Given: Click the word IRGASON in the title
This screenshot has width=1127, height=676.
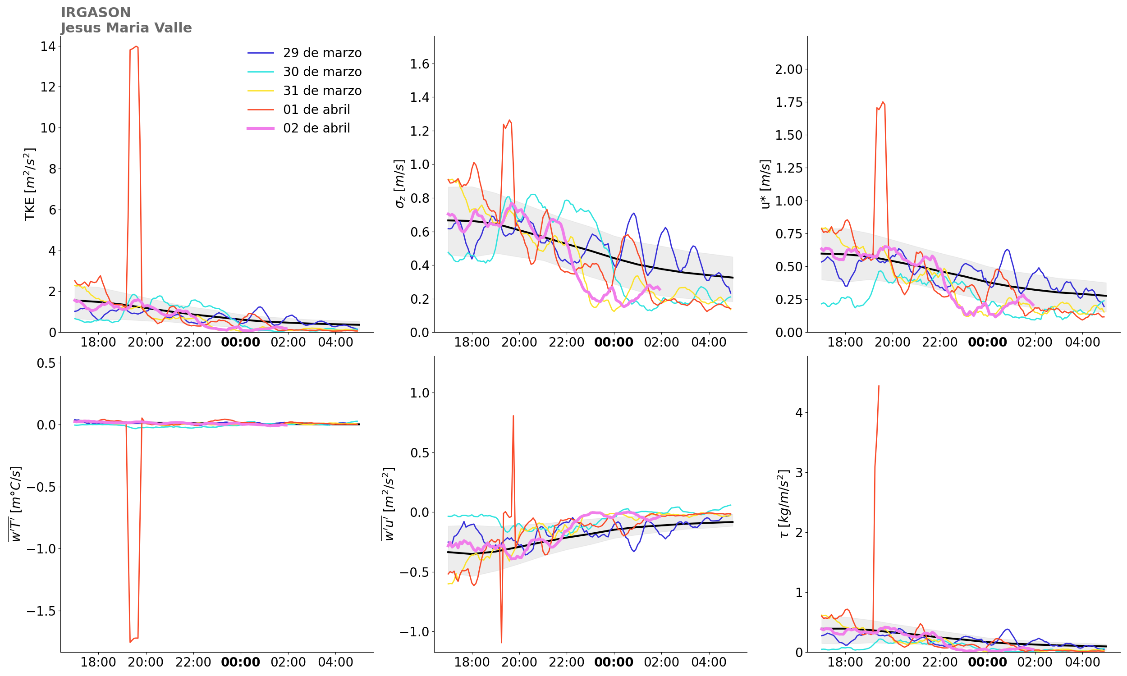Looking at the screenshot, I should coord(96,12).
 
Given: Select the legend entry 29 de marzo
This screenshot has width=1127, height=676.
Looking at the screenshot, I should coord(322,53).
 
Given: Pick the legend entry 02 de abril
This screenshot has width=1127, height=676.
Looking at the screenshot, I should coord(316,128).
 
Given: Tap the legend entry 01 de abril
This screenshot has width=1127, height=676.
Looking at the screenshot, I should coord(316,110).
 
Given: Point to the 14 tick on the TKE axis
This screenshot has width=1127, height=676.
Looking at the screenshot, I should coord(48,46).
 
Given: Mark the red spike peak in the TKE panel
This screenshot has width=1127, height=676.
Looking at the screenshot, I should coord(136,46).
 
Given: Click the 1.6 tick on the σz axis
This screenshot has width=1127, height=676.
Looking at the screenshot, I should coord(420,64).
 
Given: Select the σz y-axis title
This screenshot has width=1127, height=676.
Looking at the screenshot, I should coord(399,184).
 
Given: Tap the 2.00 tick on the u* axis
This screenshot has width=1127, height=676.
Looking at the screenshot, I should coord(788,69).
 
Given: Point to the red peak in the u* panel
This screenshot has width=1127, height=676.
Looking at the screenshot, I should coord(883,102).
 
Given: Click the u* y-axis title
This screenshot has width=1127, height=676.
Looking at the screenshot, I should coord(766,184).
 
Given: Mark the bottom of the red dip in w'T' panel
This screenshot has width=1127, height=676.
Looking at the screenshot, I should coord(130,642).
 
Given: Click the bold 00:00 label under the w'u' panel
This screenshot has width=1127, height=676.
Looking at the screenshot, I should coord(614,662).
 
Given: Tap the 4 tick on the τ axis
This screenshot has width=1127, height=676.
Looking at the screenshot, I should coord(799,413).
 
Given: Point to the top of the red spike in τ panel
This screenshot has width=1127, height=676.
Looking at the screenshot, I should coord(878,386).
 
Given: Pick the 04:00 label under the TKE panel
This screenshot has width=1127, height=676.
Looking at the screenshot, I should coord(335,343).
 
